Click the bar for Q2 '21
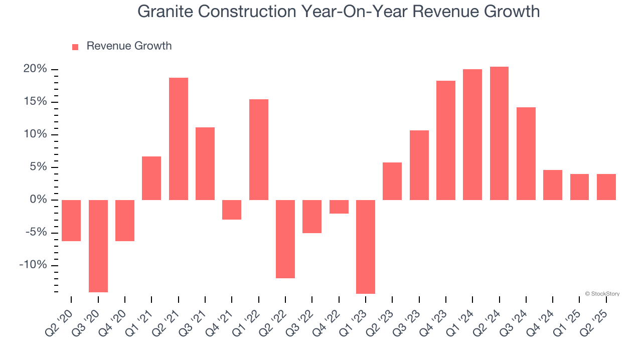179,139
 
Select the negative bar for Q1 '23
366,247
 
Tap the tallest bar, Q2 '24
499,133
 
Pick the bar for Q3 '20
98,246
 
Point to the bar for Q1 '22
259,149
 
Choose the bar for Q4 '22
339,207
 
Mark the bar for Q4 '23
446,140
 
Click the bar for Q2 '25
606,187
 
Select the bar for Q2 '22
285,239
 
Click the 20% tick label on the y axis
35,69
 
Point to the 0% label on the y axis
39,200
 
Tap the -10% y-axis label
33,265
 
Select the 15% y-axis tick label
35,102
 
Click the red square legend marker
75,47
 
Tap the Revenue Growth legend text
129,46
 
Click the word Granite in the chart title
164,12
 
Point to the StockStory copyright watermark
602,294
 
